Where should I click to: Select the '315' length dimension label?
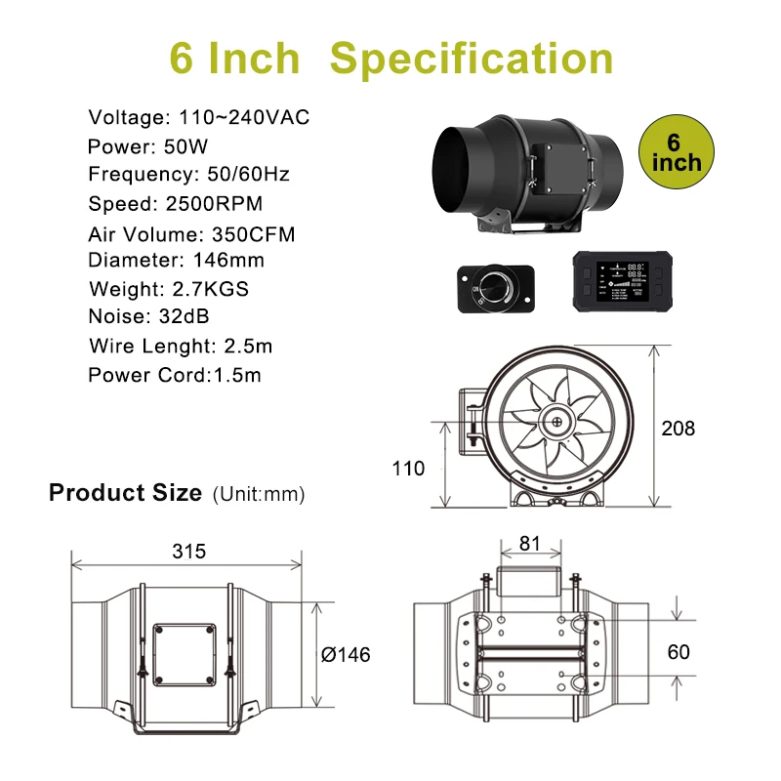coord(188,551)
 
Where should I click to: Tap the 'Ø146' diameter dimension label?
coord(346,654)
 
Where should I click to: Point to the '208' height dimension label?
coord(678,428)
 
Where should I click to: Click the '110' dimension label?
coord(408,469)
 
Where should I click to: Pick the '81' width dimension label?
coord(529,544)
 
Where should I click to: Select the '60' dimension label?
coord(679,651)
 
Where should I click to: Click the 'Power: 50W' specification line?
coord(147,146)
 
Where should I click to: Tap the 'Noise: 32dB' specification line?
coord(148,316)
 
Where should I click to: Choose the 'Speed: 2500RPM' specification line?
coord(176,204)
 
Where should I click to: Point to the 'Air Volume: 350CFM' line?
coord(191,234)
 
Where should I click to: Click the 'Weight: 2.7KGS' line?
coord(169,289)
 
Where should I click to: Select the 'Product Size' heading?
coord(125,492)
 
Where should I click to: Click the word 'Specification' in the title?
coord(472,59)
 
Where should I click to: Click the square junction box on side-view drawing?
coord(184,653)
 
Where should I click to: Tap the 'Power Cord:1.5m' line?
coord(175,375)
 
